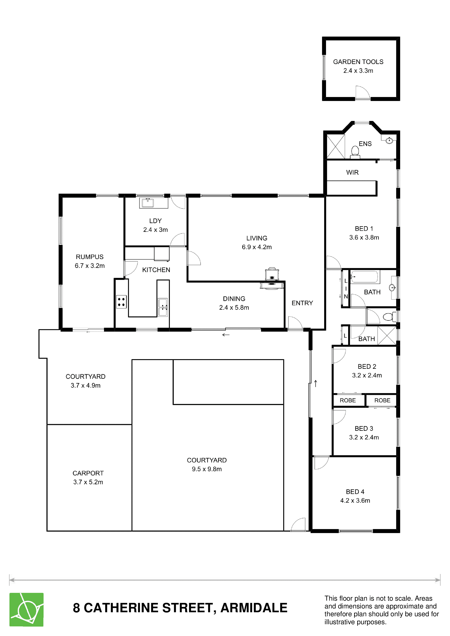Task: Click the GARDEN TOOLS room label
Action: [358, 62]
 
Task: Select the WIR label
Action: [352, 172]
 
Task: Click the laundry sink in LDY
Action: [148, 203]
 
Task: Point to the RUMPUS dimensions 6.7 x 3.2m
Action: [89, 266]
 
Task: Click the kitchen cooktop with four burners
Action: [121, 302]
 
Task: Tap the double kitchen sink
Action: [163, 307]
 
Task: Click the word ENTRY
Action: [302, 303]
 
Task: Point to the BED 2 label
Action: [367, 366]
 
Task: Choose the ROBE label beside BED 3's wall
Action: [382, 400]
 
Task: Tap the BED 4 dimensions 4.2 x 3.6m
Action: [355, 501]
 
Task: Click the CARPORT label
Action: [88, 473]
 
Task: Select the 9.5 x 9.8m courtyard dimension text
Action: [207, 469]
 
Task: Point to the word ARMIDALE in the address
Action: [254, 608]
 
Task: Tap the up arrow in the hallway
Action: [315, 383]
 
